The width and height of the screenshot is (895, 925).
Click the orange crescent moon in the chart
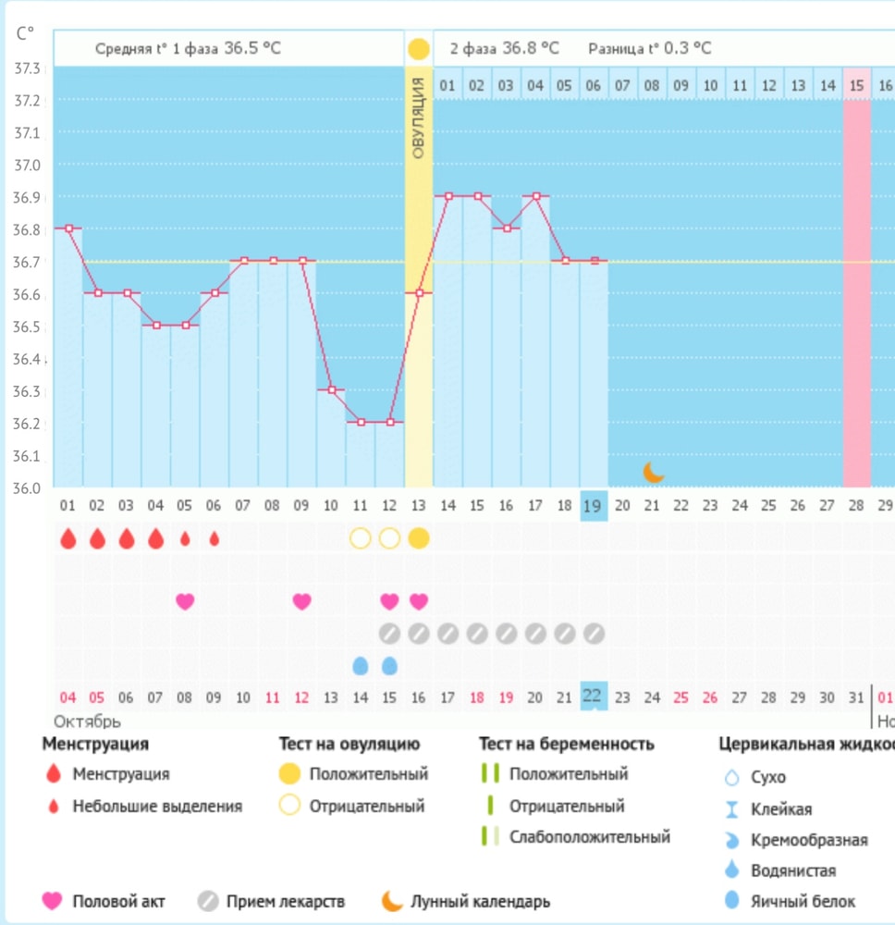click(x=654, y=472)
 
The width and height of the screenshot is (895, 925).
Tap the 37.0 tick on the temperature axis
click(x=28, y=165)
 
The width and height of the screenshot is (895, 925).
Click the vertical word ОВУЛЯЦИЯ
click(x=418, y=118)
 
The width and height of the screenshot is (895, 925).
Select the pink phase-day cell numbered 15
click(x=856, y=85)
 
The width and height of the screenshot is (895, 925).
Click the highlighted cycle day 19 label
click(x=593, y=506)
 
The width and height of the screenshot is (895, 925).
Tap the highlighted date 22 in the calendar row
click(x=593, y=697)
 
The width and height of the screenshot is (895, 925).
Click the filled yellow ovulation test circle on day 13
click(x=418, y=538)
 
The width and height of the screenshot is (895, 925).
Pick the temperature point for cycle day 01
click(x=68, y=228)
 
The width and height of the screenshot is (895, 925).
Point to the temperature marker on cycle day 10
click(x=331, y=390)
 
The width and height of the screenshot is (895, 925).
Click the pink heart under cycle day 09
click(x=301, y=600)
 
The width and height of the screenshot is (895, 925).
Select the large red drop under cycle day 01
click(x=67, y=538)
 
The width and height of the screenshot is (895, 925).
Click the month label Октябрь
click(x=88, y=721)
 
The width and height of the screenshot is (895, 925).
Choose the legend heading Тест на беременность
click(x=566, y=744)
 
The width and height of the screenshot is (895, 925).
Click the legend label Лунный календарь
click(x=481, y=900)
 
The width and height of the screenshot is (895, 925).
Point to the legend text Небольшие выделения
click(x=157, y=806)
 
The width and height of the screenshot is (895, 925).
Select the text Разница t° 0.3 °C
click(x=649, y=48)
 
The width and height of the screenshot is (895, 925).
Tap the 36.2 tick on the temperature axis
click(x=28, y=424)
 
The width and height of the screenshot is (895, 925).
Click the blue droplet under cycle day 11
click(x=360, y=665)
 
